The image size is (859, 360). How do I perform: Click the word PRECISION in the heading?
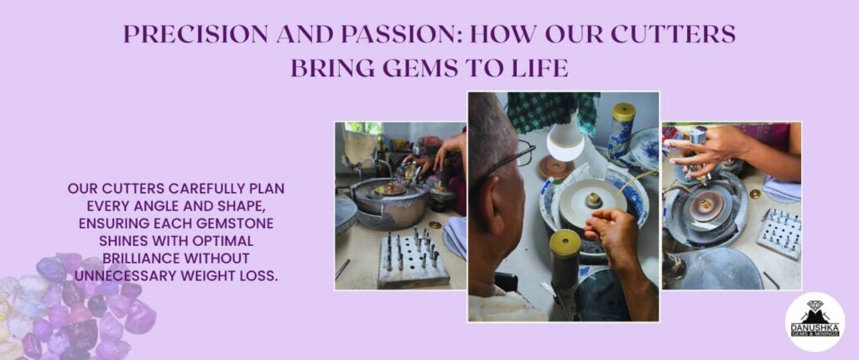pos(195,34)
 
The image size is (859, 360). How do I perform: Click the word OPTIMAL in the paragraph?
pos(207,241)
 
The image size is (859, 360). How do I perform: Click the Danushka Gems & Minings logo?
pos(815,321)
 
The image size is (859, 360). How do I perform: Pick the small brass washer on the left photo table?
pos(435,225)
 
